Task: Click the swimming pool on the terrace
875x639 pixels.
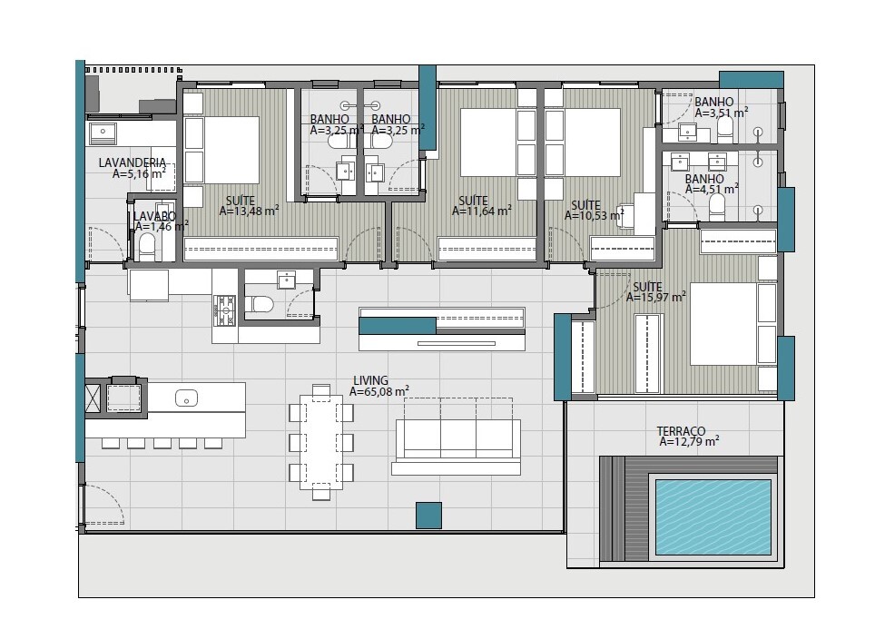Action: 713,516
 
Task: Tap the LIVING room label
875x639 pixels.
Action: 370,381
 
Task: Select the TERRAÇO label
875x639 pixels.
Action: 681,431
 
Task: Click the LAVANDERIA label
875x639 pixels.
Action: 133,162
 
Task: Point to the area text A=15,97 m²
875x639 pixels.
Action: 655,298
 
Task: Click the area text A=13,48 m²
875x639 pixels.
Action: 249,211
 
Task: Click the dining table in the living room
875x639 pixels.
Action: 321,442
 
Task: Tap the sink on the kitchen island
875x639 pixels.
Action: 186,398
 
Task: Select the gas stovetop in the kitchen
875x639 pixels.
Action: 225,310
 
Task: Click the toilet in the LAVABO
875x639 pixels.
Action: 147,246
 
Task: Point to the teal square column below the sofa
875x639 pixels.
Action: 428,516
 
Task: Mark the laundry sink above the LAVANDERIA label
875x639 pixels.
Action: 103,133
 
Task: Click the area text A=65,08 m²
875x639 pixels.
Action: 379,392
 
